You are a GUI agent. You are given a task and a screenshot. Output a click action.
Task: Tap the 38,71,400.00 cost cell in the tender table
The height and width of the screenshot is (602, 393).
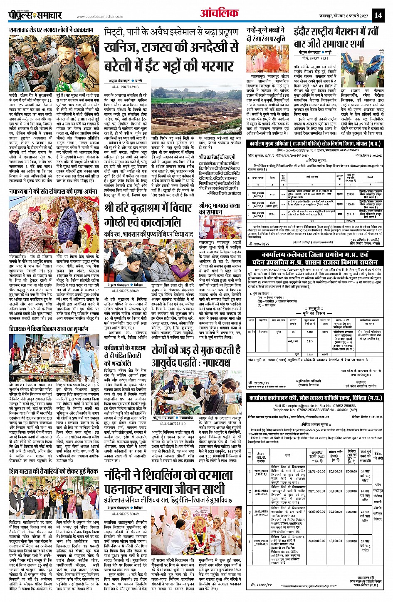click(x=316, y=471)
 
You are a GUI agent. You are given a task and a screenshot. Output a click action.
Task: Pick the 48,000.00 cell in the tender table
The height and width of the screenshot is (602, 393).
click(x=335, y=541)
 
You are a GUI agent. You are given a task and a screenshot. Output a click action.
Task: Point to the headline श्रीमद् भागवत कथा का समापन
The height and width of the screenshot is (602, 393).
click(x=219, y=209)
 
